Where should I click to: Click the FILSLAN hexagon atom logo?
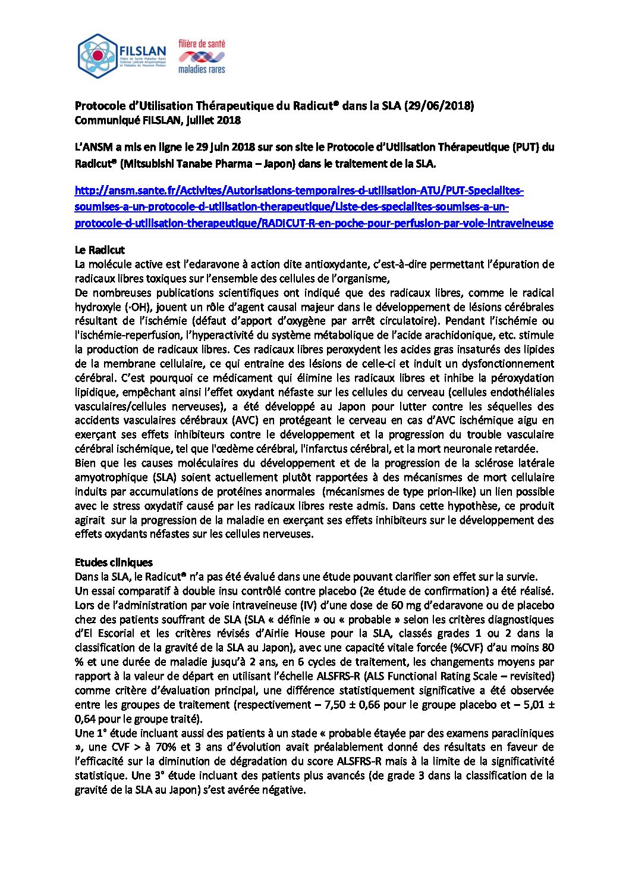click(98, 57)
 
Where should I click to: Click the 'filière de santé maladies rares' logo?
click(202, 57)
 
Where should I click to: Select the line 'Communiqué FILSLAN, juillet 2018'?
click(158, 120)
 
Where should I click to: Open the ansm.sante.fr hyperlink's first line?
click(299, 191)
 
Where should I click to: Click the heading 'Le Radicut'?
click(100, 250)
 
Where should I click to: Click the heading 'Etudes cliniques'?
click(114, 562)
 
